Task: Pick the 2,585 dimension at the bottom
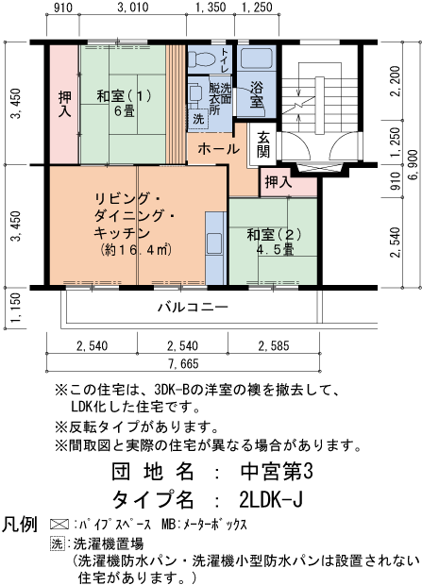(275, 346)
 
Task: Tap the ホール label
(218, 148)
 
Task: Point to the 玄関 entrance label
(263, 144)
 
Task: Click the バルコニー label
(192, 309)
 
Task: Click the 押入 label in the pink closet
(64, 103)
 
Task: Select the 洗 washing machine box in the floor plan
(198, 120)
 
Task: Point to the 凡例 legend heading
(19, 523)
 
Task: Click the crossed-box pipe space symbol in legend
(58, 522)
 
